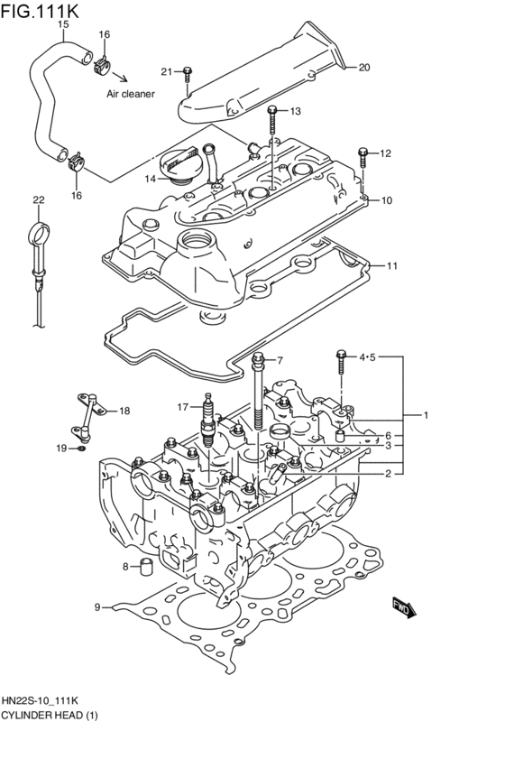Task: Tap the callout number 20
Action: [364, 67]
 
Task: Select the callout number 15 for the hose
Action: [63, 24]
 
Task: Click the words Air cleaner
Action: [131, 93]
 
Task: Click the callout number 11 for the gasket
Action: [391, 265]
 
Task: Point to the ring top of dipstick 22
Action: [37, 232]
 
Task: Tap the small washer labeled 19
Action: [82, 447]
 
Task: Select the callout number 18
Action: [124, 411]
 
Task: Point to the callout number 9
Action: [97, 607]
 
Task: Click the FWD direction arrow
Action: [402, 608]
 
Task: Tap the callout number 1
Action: [426, 415]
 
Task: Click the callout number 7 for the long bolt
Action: [280, 359]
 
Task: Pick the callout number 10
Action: [386, 200]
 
